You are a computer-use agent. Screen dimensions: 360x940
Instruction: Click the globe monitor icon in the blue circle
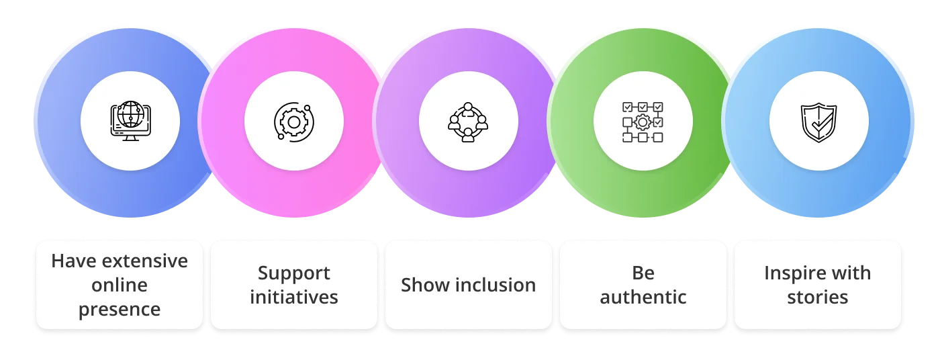pyautogui.click(x=130, y=121)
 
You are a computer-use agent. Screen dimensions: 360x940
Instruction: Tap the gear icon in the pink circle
pyautogui.click(x=293, y=122)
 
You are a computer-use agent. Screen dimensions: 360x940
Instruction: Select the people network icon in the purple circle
pyautogui.click(x=468, y=122)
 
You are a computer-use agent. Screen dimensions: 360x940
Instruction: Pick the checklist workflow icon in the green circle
pyautogui.click(x=643, y=122)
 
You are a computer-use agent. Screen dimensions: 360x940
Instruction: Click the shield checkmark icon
pyautogui.click(x=818, y=122)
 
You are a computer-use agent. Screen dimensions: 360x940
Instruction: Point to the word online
pyautogui.click(x=120, y=285)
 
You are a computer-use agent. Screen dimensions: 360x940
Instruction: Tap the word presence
pyautogui.click(x=120, y=310)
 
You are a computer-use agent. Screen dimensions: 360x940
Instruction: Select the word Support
pyautogui.click(x=294, y=273)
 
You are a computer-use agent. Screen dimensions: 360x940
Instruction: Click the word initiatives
pyautogui.click(x=294, y=297)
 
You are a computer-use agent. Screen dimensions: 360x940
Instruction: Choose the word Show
pyautogui.click(x=422, y=285)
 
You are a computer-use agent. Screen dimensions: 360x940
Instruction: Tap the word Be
pyautogui.click(x=643, y=273)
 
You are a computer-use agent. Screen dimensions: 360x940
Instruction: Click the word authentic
pyautogui.click(x=643, y=297)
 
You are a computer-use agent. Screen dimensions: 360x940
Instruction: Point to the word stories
pyautogui.click(x=818, y=297)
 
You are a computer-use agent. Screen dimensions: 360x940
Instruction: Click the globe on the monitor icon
pyautogui.click(x=130, y=115)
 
